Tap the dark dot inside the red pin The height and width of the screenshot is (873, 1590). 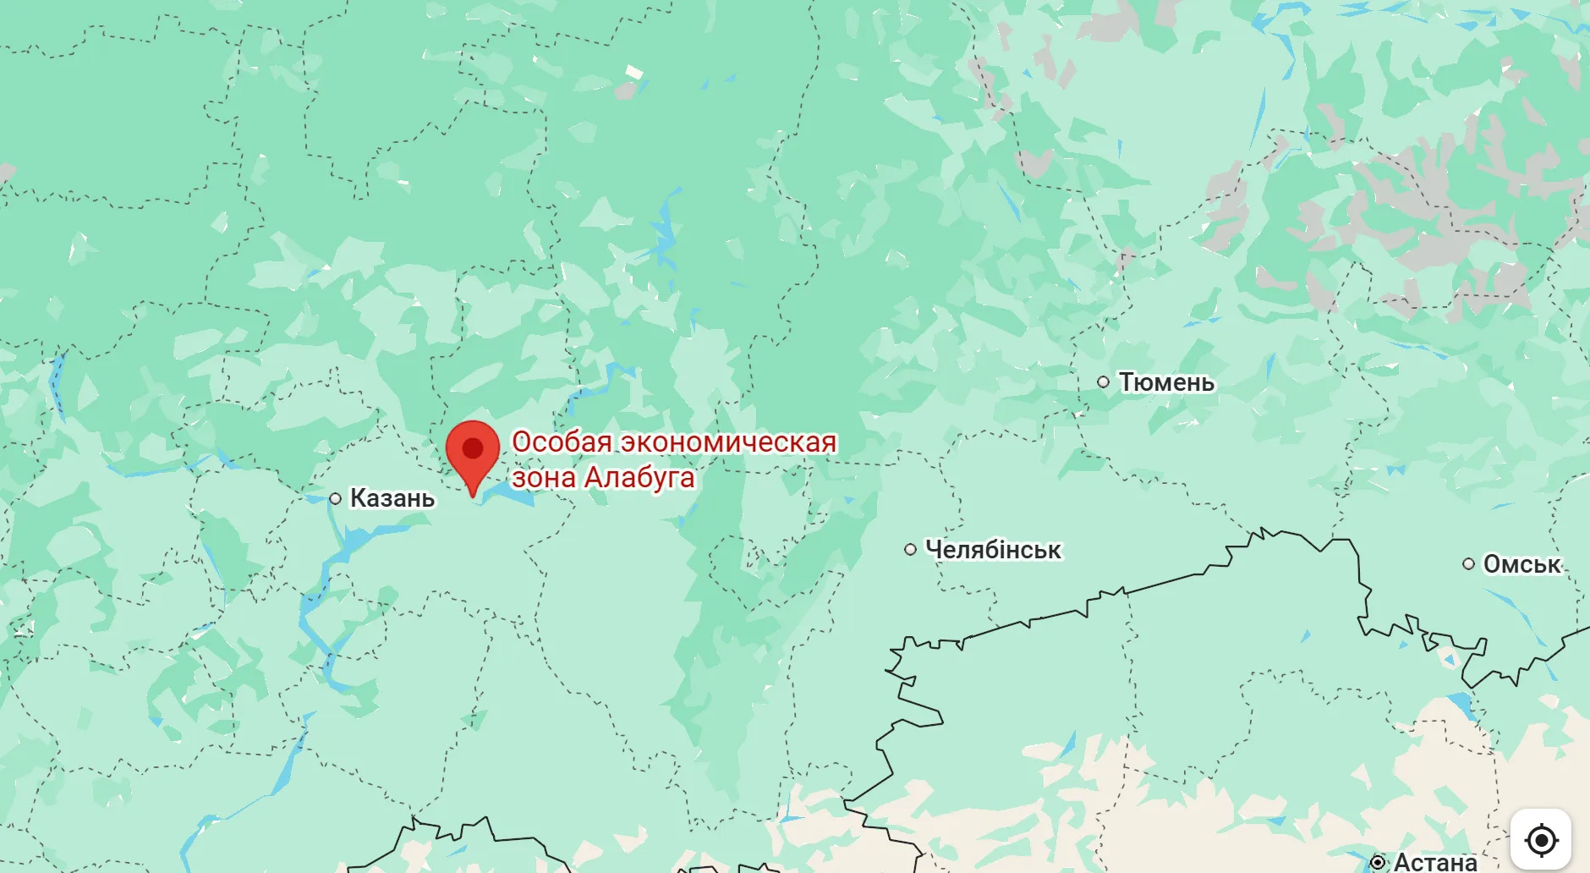[x=473, y=447]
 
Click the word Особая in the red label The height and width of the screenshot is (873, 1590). [x=562, y=442]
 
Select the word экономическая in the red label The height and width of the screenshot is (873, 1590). [x=729, y=442]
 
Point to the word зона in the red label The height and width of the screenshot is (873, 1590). [x=543, y=478]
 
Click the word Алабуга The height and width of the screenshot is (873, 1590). [x=639, y=478]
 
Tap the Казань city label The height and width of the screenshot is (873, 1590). [x=392, y=498]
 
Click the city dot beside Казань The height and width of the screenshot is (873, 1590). [x=336, y=499]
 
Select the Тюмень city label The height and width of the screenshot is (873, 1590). [x=1166, y=382]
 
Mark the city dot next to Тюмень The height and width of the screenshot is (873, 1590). [x=1104, y=382]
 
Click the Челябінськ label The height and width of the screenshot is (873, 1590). [x=993, y=550]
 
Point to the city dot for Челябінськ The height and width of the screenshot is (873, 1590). [x=910, y=550]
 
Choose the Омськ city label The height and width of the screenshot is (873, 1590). [x=1521, y=564]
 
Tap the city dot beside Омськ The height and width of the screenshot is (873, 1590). [x=1468, y=564]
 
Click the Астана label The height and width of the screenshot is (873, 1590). [x=1435, y=862]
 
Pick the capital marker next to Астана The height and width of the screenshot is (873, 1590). [x=1378, y=862]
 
